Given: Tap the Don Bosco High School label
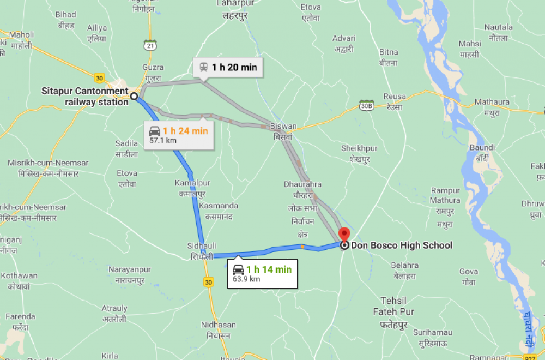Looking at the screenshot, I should (402, 245).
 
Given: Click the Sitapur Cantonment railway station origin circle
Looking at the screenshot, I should (134, 96).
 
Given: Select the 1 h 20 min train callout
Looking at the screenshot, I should (228, 68).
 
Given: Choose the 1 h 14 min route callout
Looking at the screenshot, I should (262, 273).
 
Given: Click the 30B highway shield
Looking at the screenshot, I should (367, 105).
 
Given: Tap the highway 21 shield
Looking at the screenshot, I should (150, 46).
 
